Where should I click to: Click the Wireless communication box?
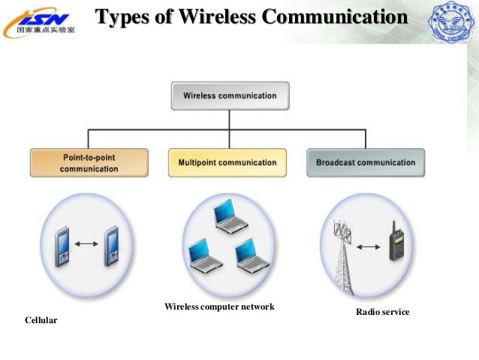pyautogui.click(x=230, y=95)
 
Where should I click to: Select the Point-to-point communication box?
pyautogui.click(x=89, y=163)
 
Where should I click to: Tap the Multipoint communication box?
pyautogui.click(x=227, y=162)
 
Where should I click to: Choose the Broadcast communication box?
pyautogui.click(x=366, y=162)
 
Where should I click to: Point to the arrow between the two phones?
pyautogui.click(x=89, y=243)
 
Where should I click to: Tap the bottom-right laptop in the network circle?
pyautogui.click(x=247, y=254)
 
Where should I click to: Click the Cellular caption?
pyautogui.click(x=41, y=321)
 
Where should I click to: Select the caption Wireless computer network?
pyautogui.click(x=219, y=307)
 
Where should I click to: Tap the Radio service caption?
pyautogui.click(x=382, y=311)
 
